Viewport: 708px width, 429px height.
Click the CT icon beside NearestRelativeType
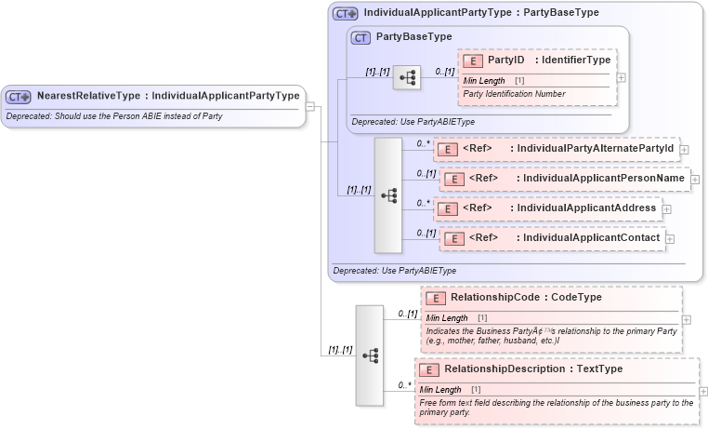[x=19, y=96]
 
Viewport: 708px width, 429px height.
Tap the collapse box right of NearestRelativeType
[x=310, y=106]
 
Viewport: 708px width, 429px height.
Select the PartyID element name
[x=505, y=60]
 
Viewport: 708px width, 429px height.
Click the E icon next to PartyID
[x=472, y=60]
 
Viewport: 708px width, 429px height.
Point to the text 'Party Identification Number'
[x=513, y=93]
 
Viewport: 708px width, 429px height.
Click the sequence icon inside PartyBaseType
[x=407, y=78]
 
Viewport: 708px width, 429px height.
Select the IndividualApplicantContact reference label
[x=565, y=238]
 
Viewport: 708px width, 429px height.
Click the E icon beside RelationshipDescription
[x=428, y=369]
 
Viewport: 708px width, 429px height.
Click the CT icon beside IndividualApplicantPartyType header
[x=346, y=13]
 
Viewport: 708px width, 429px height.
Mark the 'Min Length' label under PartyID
[x=484, y=81]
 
